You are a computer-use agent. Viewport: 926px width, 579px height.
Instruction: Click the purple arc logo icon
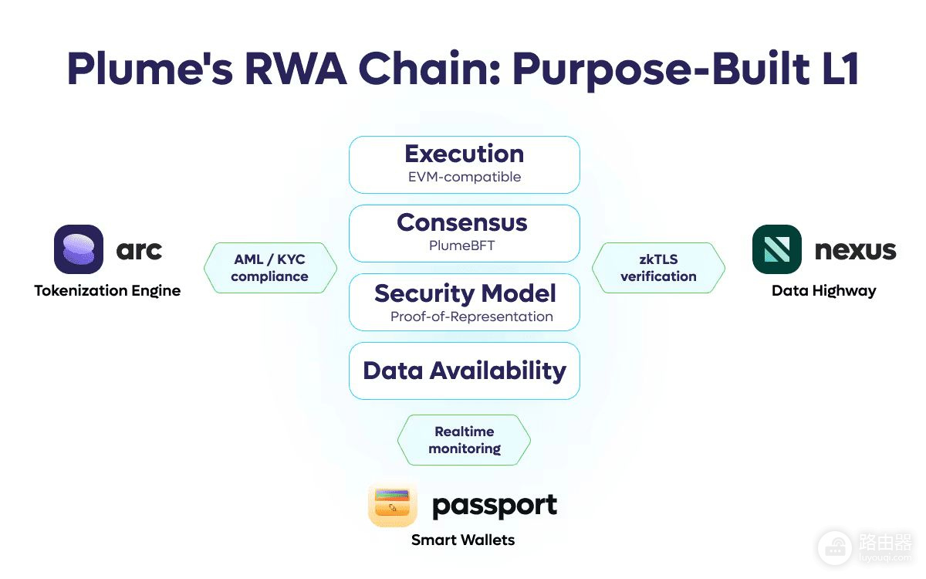(79, 249)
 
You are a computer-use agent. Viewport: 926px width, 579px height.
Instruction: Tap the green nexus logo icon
(777, 249)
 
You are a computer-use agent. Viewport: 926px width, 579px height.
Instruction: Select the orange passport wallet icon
(393, 505)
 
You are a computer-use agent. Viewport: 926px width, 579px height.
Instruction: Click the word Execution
(465, 154)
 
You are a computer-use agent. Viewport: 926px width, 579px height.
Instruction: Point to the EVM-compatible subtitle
(465, 177)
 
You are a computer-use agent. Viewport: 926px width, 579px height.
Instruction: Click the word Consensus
(462, 222)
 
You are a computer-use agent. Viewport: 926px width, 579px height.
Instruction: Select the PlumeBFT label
(461, 245)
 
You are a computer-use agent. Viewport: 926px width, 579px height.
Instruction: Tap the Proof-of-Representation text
(471, 317)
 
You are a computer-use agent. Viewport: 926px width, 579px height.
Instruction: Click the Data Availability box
(465, 371)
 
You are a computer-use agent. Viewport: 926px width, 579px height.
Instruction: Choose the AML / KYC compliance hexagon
(270, 268)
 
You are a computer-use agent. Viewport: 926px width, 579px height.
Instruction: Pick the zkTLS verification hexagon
(658, 268)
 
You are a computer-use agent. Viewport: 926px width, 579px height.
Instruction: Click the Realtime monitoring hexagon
(465, 440)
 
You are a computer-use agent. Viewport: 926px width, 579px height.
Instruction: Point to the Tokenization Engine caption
(107, 291)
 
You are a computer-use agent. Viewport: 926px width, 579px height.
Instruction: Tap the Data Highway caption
(824, 291)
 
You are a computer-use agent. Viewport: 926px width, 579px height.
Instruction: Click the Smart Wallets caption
(463, 540)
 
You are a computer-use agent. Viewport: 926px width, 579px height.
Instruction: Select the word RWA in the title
(296, 69)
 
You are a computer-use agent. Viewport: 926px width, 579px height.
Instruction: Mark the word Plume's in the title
(150, 69)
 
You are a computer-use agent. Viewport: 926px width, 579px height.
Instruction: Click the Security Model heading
(465, 294)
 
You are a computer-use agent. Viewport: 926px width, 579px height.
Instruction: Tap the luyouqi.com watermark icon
(835, 548)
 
